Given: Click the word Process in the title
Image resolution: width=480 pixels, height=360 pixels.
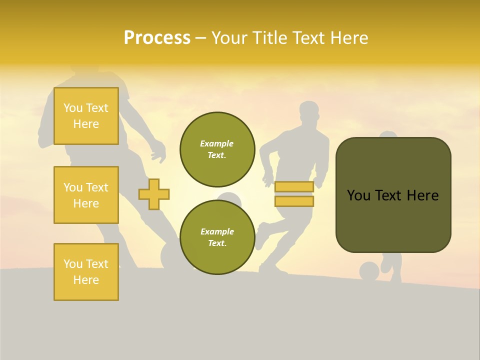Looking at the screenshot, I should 157,38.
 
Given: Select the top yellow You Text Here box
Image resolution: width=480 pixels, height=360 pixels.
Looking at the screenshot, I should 86,116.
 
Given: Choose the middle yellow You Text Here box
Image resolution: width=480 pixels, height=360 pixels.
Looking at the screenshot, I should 86,195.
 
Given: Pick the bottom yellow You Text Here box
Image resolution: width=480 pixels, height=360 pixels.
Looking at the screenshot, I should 86,271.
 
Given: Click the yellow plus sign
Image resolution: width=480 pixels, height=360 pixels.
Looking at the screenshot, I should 154,194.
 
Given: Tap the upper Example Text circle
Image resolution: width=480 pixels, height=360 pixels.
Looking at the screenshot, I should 217,149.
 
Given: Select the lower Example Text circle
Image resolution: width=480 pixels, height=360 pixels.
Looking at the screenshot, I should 217,237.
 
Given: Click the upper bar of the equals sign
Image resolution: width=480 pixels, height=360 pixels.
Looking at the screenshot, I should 294,187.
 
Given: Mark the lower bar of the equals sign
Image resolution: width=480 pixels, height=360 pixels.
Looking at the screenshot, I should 294,201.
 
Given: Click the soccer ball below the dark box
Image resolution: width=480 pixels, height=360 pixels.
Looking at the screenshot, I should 369,271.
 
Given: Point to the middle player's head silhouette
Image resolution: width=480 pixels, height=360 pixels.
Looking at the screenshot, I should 309,112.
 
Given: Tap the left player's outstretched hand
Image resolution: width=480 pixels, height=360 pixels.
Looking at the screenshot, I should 158,151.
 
